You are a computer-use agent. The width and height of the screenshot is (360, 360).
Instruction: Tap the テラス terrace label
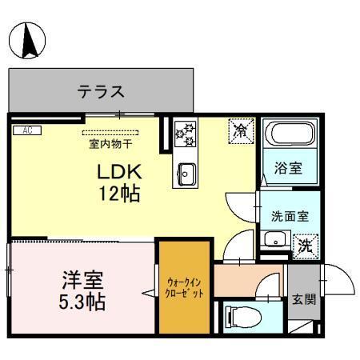101,91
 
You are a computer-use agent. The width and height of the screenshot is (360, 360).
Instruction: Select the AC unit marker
26,130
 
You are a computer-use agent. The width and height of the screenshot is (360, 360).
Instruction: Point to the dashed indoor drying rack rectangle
110,133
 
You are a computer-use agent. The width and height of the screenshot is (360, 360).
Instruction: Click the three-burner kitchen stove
186,133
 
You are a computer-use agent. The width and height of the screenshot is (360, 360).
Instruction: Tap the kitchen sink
186,172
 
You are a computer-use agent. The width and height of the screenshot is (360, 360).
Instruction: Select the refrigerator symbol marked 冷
239,130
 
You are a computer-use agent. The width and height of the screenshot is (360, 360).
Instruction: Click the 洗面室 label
285,214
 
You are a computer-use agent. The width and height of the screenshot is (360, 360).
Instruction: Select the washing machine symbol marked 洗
304,245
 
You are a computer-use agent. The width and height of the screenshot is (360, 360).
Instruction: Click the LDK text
119,172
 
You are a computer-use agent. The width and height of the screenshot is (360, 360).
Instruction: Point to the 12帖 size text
119,194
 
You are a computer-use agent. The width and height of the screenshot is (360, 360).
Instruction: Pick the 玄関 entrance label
302,299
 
